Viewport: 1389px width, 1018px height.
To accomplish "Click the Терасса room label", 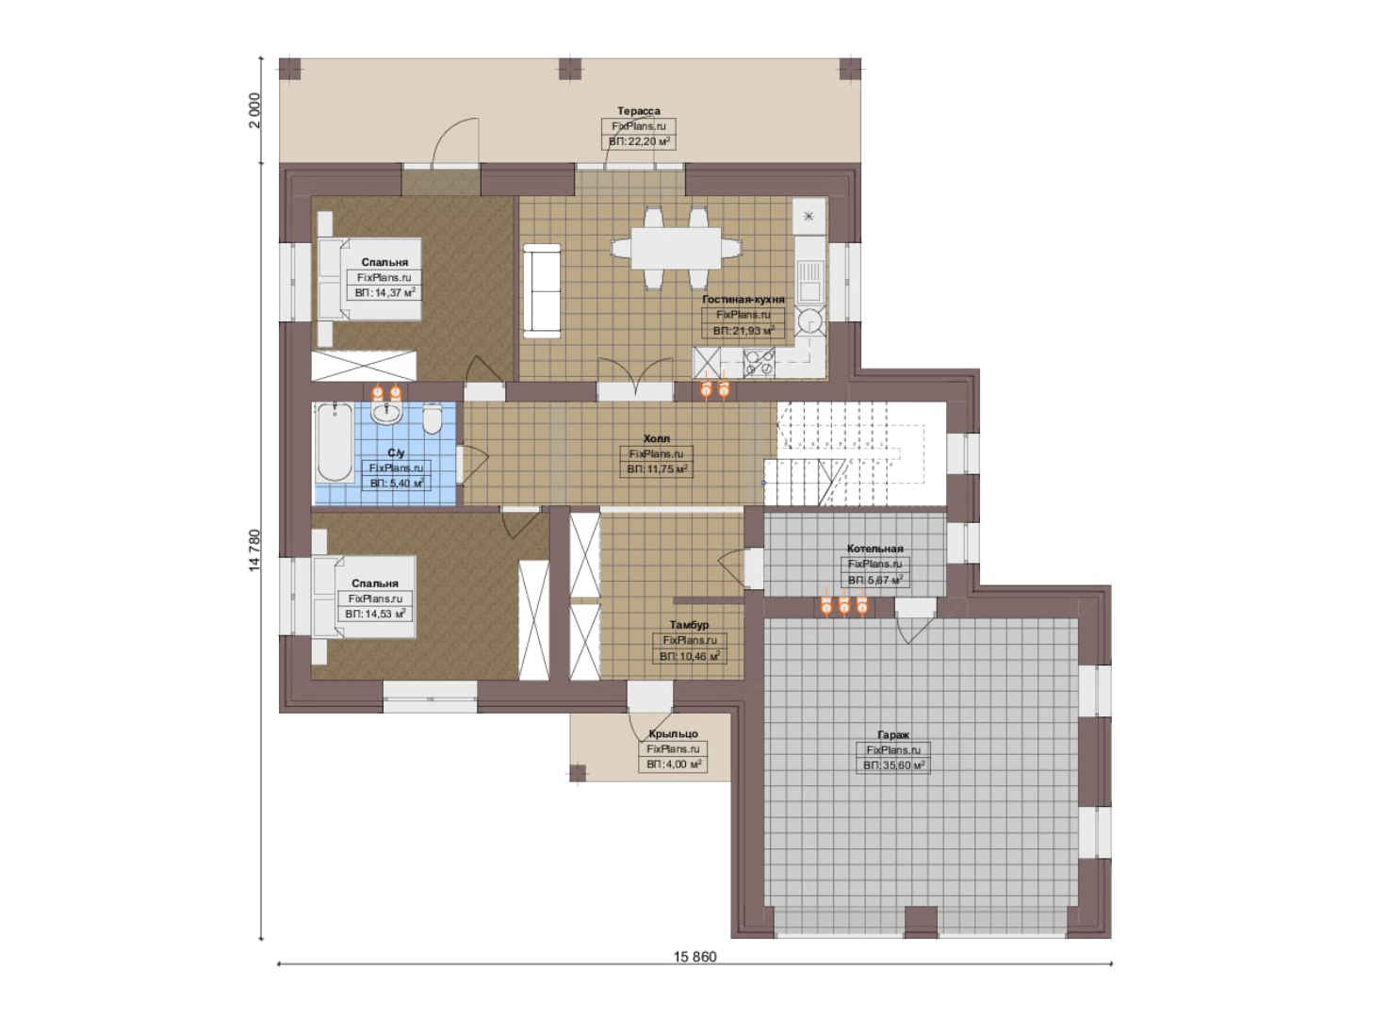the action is click(638, 111).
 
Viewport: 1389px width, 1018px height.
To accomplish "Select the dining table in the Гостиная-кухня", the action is click(676, 248).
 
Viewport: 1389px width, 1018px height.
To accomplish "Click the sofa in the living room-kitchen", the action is click(542, 291).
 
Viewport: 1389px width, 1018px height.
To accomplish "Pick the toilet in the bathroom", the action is click(432, 419).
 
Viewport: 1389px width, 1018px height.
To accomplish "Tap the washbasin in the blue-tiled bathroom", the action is click(387, 413).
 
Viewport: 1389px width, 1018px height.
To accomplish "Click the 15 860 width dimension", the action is click(694, 957).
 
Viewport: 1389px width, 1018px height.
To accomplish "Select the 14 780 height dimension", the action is click(254, 550).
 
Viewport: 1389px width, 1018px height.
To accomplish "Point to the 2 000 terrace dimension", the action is click(254, 110).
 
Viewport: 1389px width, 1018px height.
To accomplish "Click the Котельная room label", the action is click(874, 549).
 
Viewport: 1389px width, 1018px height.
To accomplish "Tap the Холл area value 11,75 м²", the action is click(656, 469).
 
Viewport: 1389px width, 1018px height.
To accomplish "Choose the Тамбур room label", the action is click(689, 625).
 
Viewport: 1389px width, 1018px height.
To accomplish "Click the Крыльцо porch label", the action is click(673, 734).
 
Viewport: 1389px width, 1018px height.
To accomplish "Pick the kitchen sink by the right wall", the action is click(809, 280).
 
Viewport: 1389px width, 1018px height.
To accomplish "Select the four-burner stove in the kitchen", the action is click(759, 362).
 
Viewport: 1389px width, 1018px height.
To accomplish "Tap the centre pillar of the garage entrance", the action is click(921, 922).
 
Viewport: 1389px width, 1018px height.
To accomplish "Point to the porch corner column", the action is click(578, 773).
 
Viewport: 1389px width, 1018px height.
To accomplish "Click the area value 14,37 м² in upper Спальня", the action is click(384, 292).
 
